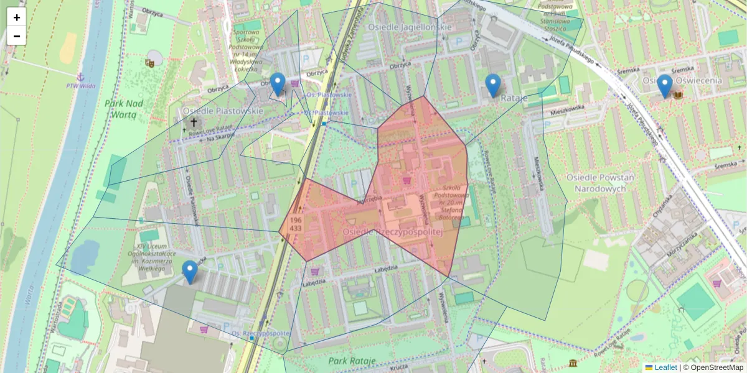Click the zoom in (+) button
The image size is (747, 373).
click(x=17, y=17)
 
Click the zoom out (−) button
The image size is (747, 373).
click(x=17, y=36)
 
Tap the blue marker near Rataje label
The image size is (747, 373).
click(x=492, y=86)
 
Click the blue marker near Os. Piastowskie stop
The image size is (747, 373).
click(x=278, y=84)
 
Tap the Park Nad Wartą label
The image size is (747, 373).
click(x=125, y=109)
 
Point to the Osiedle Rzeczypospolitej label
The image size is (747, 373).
click(x=392, y=231)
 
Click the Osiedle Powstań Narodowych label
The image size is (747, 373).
click(x=599, y=182)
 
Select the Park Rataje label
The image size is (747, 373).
click(x=352, y=361)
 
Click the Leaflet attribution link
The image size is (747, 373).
click(x=665, y=367)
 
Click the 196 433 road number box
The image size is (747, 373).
click(x=296, y=224)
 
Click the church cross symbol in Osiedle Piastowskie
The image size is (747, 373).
click(x=194, y=122)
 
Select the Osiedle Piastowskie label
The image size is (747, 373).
click(x=223, y=110)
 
